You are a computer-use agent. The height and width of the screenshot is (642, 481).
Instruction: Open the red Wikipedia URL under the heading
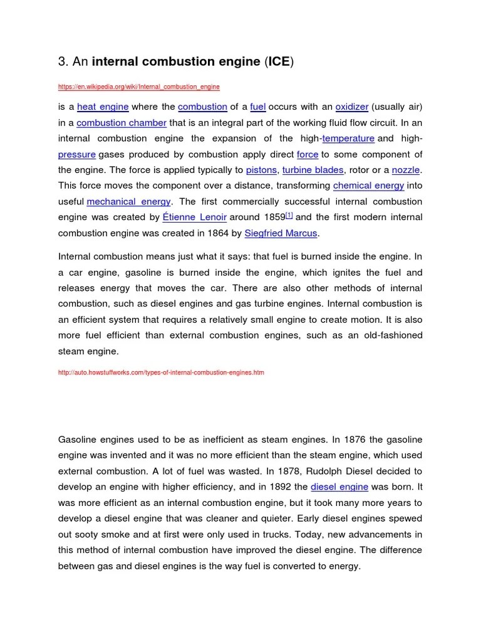[138, 86]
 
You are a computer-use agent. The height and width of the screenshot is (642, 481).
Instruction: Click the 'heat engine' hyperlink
[103, 107]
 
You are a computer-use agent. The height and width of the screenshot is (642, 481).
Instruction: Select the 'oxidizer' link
[352, 107]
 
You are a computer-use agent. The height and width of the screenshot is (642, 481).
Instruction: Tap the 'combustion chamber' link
[122, 123]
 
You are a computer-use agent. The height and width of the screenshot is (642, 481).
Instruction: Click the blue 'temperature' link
[348, 139]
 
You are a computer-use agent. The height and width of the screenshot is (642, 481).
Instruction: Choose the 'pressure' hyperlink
[77, 154]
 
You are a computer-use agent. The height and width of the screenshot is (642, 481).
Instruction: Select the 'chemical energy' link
[369, 186]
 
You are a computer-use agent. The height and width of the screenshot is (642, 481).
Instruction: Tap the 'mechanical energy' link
[128, 202]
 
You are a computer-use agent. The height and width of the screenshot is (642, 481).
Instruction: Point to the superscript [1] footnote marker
[289, 215]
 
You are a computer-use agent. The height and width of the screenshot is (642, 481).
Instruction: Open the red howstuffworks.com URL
[161, 372]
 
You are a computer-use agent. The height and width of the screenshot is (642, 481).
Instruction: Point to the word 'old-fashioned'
[393, 335]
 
